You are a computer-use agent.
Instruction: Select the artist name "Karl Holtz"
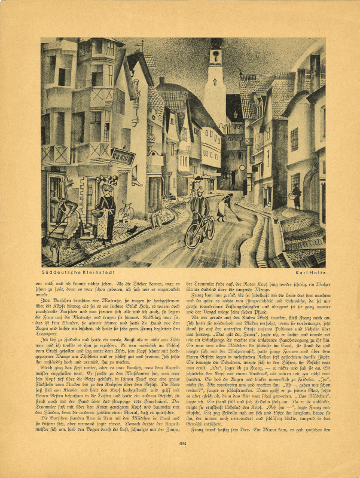tap(307, 272)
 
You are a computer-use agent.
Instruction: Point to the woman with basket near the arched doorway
tap(296, 197)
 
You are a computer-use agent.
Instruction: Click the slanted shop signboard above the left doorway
tap(123, 157)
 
